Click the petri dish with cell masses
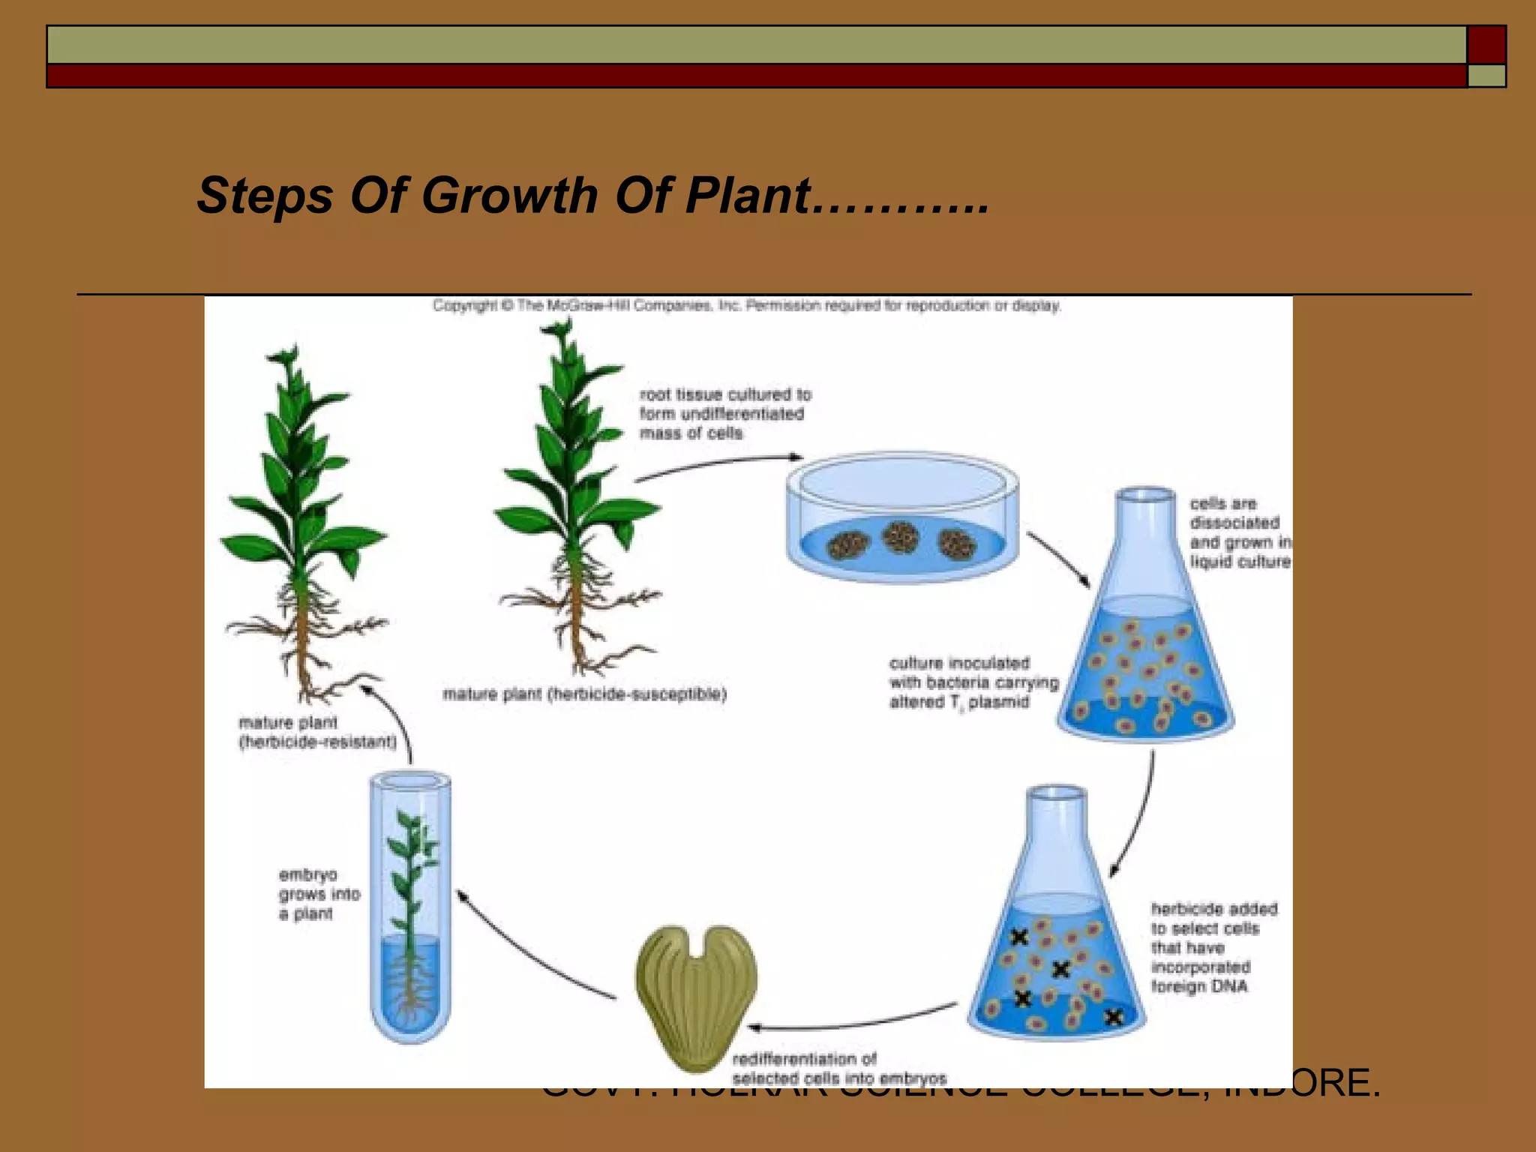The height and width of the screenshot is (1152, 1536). (x=902, y=517)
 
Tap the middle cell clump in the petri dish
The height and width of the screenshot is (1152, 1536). (x=900, y=537)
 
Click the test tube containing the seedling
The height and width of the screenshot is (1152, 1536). (x=410, y=907)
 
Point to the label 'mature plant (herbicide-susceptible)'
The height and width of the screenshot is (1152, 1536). (x=584, y=694)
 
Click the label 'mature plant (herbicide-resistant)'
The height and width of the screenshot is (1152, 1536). (x=317, y=733)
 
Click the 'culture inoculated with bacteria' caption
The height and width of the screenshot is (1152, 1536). (x=973, y=682)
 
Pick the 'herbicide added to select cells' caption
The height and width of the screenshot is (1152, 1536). (x=1213, y=947)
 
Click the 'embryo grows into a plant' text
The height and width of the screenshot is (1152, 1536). (x=319, y=894)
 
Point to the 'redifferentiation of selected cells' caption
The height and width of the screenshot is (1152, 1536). (x=838, y=1069)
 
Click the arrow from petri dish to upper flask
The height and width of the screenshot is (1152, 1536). (x=1058, y=559)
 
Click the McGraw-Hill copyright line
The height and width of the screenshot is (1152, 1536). (x=746, y=306)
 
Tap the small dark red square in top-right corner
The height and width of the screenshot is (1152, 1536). (x=1486, y=44)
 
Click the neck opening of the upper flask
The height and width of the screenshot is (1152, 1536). (x=1145, y=495)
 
